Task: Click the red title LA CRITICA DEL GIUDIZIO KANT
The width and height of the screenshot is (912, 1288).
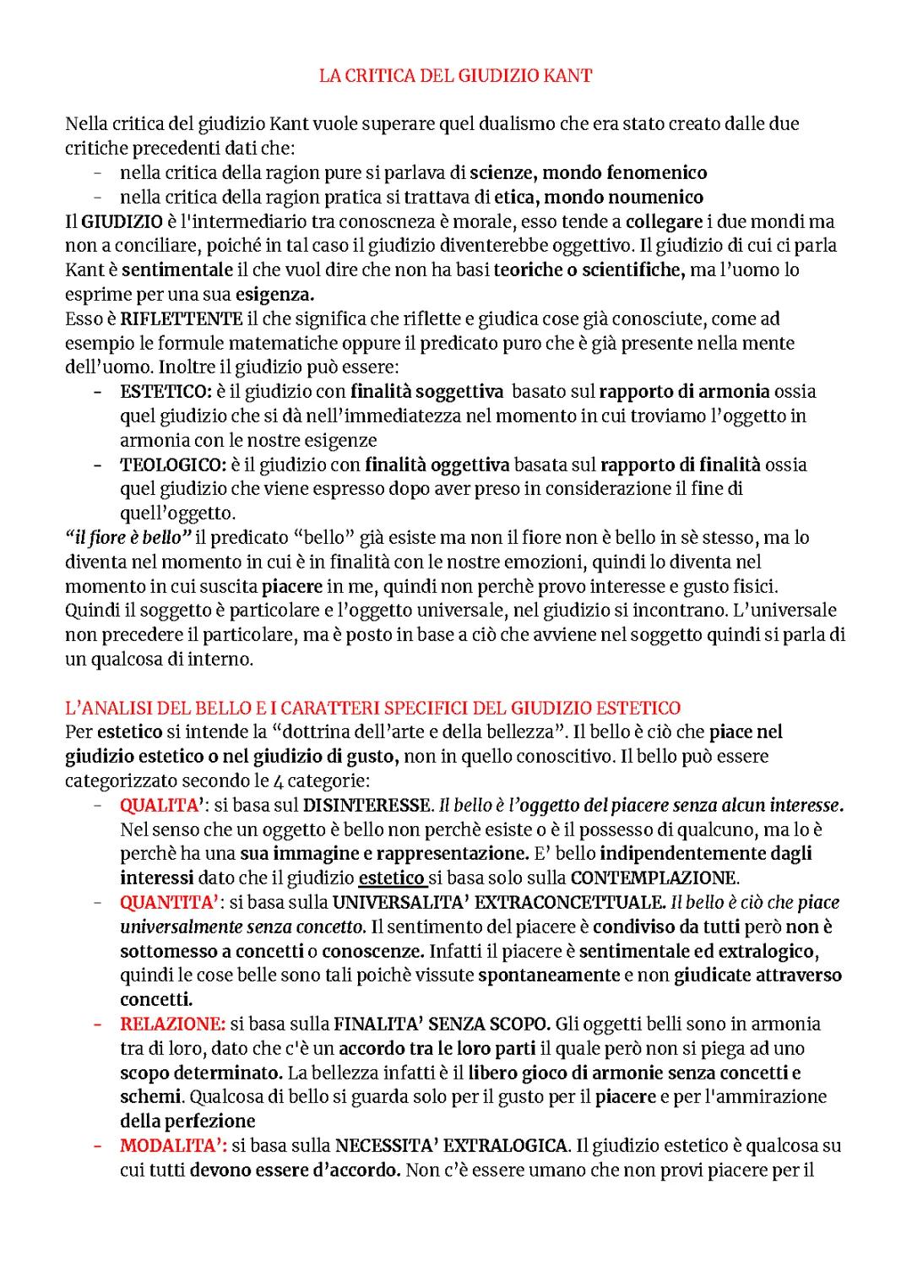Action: click(455, 75)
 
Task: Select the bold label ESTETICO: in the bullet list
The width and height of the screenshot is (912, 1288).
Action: click(166, 392)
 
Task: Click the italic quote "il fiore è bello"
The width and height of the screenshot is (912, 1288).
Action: click(129, 538)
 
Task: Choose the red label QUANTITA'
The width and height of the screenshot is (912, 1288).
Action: click(168, 903)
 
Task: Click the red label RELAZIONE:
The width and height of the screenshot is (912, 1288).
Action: click(172, 1024)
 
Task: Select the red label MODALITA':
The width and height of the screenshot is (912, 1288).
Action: click(172, 1146)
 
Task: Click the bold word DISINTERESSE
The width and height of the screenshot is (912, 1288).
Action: click(367, 805)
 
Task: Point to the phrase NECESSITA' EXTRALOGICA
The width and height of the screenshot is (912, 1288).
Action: click(451, 1146)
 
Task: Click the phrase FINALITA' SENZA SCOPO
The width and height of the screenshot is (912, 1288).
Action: click(442, 1024)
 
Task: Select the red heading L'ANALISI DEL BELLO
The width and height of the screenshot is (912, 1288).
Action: click(372, 708)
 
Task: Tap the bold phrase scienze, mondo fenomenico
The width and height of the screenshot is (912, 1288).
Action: click(588, 173)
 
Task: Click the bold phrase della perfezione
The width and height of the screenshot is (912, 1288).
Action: click(187, 1122)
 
